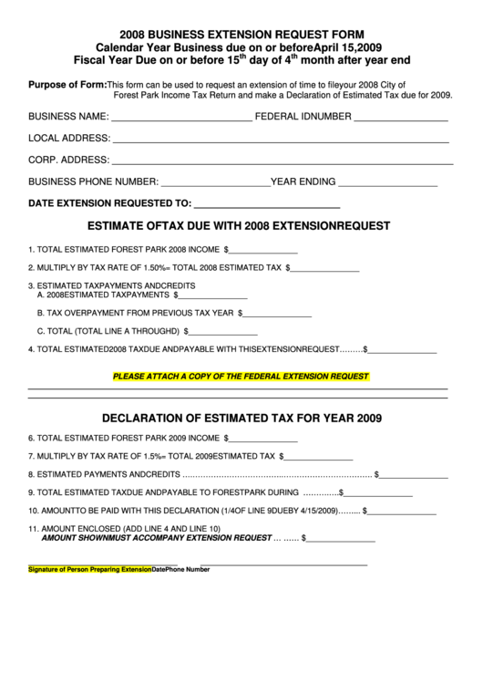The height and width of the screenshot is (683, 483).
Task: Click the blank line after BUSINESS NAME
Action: [181, 119]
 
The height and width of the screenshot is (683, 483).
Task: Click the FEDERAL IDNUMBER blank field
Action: [400, 119]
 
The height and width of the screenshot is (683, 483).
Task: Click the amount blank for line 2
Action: [325, 271]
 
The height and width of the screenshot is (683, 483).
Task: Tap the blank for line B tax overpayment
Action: [278, 314]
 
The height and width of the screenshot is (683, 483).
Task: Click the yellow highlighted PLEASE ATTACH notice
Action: [241, 376]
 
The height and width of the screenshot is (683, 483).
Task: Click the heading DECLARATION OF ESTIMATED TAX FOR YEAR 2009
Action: [241, 419]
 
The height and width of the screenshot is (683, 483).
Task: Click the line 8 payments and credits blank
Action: [414, 475]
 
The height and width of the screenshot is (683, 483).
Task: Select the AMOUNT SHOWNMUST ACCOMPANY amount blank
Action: [342, 539]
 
